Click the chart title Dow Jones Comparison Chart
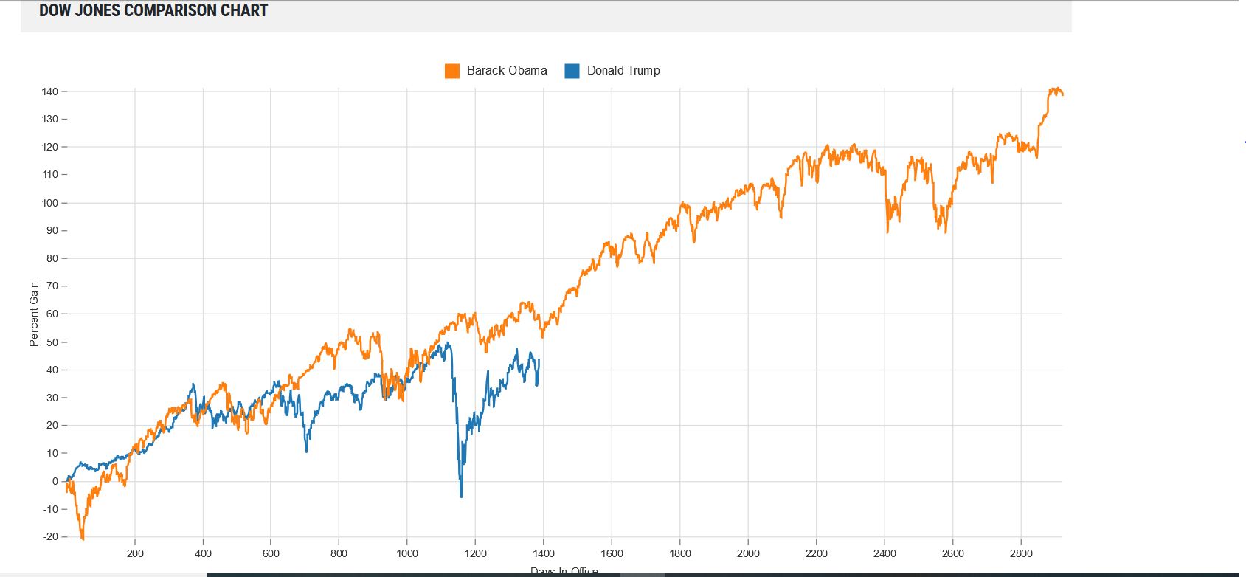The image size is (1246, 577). pyautogui.click(x=153, y=11)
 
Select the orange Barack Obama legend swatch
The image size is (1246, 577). pyautogui.click(x=452, y=71)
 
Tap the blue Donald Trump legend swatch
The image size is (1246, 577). pyautogui.click(x=572, y=71)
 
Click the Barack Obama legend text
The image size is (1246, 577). pyautogui.click(x=507, y=71)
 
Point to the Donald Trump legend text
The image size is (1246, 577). pyautogui.click(x=623, y=71)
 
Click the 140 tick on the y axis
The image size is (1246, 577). pyautogui.click(x=49, y=91)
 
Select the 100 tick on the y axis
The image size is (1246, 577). pyautogui.click(x=49, y=203)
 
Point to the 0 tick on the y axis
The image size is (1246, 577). pyautogui.click(x=55, y=481)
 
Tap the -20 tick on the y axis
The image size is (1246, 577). pyautogui.click(x=49, y=536)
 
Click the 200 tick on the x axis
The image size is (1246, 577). pyautogui.click(x=135, y=553)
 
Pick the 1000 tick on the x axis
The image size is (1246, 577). pyautogui.click(x=407, y=553)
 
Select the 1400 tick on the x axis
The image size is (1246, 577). pyautogui.click(x=544, y=553)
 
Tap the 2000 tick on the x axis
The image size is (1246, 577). pyautogui.click(x=748, y=553)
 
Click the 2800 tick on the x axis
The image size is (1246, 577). pyautogui.click(x=1021, y=553)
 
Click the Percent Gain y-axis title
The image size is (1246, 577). pyautogui.click(x=34, y=314)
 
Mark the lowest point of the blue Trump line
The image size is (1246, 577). pyautogui.click(x=462, y=497)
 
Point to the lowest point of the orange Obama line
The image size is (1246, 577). pyautogui.click(x=83, y=539)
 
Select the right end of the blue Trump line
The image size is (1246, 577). pyautogui.click(x=539, y=360)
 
